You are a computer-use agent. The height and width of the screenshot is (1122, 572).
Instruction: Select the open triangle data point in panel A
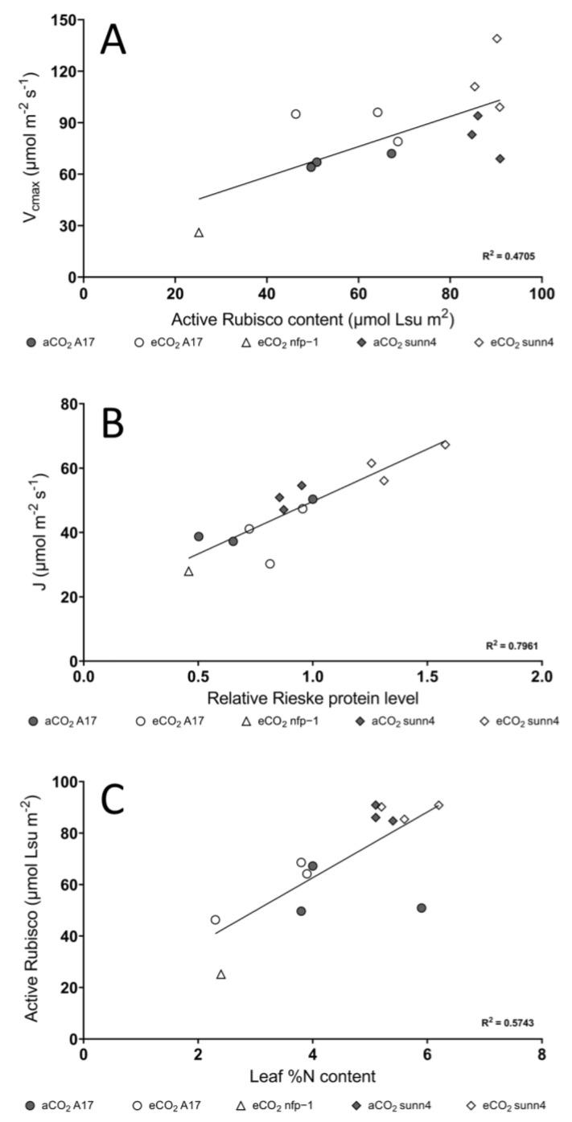coord(199,232)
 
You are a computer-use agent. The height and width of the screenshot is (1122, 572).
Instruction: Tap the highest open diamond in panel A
coord(497,39)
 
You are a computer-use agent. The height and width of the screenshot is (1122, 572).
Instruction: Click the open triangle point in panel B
coord(188,571)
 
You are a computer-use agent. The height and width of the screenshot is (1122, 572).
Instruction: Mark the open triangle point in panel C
coord(221,974)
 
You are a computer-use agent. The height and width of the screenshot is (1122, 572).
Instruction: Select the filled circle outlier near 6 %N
coord(422,908)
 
